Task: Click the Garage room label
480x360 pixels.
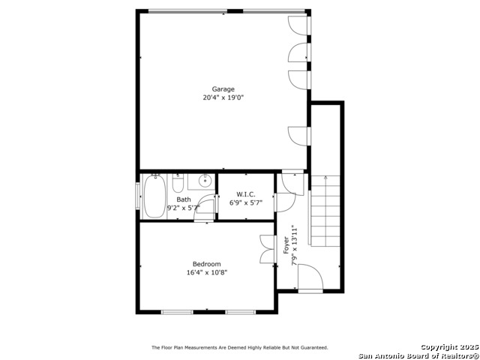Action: point(223,89)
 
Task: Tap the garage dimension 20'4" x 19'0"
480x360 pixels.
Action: point(223,97)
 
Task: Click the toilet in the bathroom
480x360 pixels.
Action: point(178,183)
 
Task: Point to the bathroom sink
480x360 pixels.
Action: point(204,181)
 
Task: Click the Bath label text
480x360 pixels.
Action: point(184,199)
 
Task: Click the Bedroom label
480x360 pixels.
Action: point(206,264)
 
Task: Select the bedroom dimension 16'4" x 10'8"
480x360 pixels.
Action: point(206,272)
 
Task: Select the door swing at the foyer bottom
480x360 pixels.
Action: point(310,279)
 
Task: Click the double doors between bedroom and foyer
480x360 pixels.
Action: point(268,250)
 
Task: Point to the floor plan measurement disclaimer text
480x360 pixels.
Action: point(239,347)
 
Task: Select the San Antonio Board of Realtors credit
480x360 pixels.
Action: point(418,355)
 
